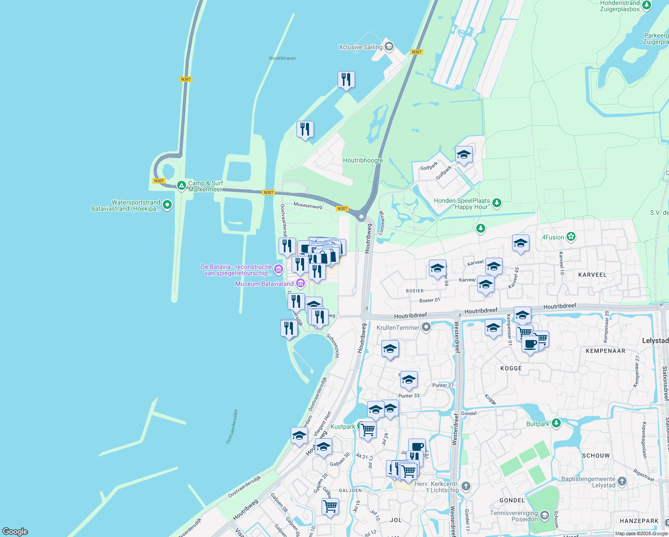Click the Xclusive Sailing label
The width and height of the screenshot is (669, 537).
[360, 47]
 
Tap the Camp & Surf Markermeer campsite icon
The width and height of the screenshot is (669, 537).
[181, 185]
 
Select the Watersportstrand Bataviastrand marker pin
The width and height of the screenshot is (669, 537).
[167, 205]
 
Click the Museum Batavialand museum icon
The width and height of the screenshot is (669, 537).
[300, 283]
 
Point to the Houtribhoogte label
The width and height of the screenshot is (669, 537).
[363, 160]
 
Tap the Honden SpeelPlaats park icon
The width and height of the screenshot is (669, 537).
[496, 204]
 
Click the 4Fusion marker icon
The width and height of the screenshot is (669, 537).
[571, 237]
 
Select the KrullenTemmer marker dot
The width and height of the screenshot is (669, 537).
[426, 327]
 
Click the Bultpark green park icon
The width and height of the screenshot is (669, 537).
[556, 423]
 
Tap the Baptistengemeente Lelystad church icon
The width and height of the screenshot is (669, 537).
[622, 482]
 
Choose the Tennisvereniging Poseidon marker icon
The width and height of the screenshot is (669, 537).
[544, 516]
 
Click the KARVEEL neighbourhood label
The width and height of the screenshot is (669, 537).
[592, 275]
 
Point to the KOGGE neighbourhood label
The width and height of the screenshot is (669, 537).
[511, 368]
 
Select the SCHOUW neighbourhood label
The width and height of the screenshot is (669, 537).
[596, 456]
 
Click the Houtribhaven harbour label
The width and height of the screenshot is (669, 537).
[282, 58]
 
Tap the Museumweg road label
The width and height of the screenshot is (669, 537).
[308, 205]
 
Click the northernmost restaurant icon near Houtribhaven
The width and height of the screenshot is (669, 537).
[346, 80]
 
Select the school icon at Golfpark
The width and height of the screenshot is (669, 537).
[464, 155]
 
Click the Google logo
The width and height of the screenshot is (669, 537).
[15, 532]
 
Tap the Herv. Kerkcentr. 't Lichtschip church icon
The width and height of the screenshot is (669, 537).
[466, 486]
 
